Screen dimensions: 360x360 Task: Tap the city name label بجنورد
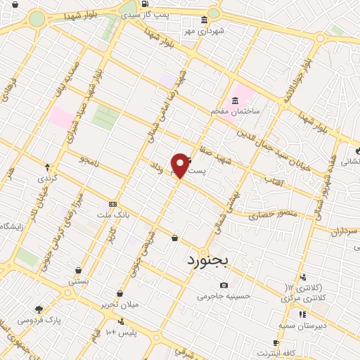click(x=209, y=260)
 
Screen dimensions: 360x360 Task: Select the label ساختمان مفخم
click(x=235, y=112)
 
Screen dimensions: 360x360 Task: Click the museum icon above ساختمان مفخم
click(x=235, y=102)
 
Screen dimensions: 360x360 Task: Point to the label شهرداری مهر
click(x=203, y=30)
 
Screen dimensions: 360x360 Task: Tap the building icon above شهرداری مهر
click(x=204, y=20)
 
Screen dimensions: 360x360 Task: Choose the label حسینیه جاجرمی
click(x=223, y=296)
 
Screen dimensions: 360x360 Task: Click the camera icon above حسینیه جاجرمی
click(x=224, y=285)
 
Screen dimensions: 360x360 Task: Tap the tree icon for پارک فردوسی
click(x=39, y=309)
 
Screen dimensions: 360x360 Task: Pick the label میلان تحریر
click(x=120, y=304)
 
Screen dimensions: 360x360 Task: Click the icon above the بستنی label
click(x=78, y=270)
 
